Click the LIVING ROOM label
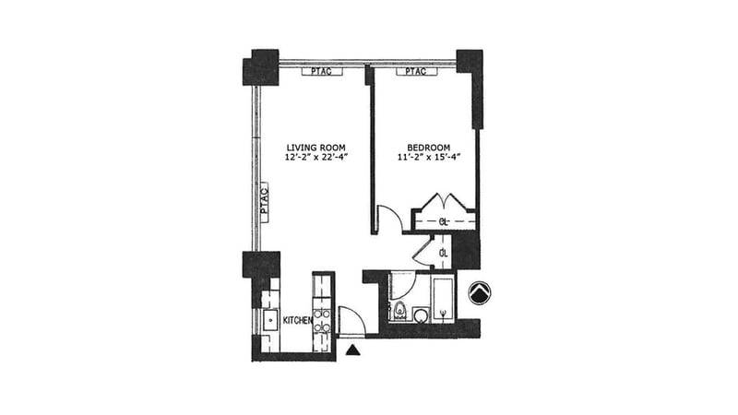315,148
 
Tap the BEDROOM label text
428,148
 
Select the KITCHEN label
297,320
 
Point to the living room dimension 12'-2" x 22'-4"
315,157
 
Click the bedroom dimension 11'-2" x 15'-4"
428,157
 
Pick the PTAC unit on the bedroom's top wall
417,72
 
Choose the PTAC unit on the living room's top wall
322,72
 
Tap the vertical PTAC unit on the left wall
264,203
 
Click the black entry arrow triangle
353,350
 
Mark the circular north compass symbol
480,292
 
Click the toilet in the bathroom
400,311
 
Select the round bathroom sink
422,315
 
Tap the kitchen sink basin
270,320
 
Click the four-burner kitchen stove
322,320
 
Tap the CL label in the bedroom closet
443,222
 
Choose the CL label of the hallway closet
443,253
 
